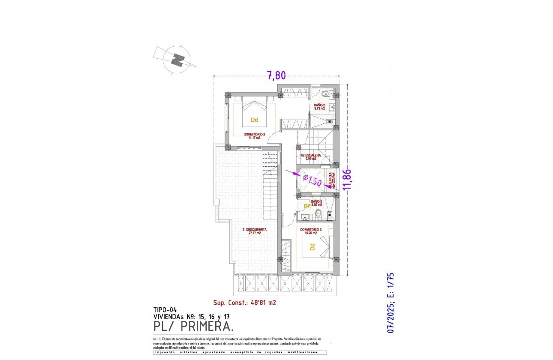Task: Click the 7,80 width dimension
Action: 276,76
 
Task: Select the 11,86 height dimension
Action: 348,179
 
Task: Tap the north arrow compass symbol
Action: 176,60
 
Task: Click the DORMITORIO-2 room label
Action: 255,135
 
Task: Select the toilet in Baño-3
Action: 318,215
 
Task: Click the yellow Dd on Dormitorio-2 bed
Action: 254,120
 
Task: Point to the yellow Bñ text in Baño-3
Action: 307,207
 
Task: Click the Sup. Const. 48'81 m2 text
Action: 244,302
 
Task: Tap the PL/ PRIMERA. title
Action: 193,327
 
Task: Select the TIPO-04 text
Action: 165,309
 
